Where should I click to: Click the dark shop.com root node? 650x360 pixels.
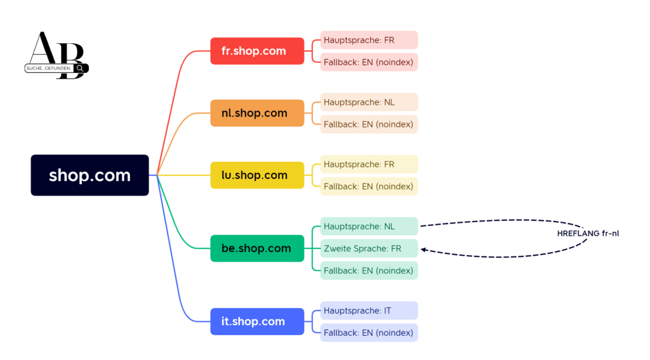90,175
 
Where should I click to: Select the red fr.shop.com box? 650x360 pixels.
257,51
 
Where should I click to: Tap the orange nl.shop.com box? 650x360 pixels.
257,113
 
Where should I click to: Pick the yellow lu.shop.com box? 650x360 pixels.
257,175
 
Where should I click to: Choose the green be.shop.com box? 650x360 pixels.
257,248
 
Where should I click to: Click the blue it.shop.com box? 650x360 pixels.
257,321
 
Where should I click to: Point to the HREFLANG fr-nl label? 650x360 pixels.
588,234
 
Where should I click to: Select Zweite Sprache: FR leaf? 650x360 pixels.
369,249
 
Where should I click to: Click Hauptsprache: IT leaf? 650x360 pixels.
369,310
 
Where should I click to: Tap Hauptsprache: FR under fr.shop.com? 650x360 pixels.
369,40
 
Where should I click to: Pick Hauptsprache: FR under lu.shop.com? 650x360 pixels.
369,164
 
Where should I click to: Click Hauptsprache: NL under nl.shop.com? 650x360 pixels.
369,102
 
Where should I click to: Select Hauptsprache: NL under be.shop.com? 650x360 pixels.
369,227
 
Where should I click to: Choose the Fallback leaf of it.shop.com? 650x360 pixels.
369,333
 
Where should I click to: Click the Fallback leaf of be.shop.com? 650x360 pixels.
369,270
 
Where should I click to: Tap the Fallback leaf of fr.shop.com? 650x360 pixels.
369,62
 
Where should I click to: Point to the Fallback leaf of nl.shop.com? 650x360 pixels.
369,124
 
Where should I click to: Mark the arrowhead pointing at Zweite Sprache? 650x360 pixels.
423,250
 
